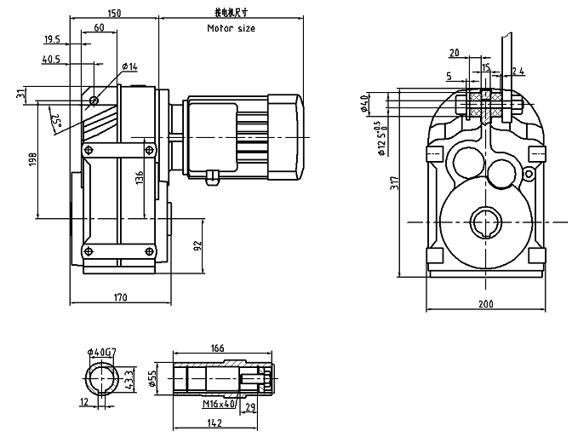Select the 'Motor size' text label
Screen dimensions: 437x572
(x=231, y=28)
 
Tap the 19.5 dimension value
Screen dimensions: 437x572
(x=51, y=39)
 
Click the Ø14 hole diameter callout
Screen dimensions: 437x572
(x=129, y=66)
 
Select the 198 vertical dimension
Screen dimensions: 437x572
(x=31, y=159)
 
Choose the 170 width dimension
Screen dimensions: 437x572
(x=119, y=297)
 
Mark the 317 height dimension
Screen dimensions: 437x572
(x=389, y=182)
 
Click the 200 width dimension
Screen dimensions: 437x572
(x=485, y=304)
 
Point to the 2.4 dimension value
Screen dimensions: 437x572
(x=518, y=70)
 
